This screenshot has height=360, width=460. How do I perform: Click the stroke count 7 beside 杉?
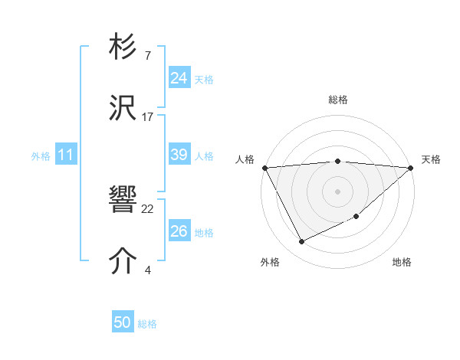147,56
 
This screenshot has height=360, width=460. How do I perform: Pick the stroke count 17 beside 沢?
148,116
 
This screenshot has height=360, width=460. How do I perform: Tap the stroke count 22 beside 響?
148,208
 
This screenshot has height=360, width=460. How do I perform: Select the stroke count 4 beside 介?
147,270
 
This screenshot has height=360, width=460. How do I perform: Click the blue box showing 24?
179,78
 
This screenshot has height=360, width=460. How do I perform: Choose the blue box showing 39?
179,155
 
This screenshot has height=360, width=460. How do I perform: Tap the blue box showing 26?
179,231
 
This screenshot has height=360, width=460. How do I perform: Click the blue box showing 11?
65,155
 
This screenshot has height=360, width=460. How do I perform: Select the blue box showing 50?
123,322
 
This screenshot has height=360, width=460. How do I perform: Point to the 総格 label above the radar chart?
337,100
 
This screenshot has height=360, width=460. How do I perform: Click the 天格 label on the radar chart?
431,159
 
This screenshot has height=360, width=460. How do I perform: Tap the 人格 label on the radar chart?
245,159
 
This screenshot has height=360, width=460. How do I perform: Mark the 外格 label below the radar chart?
270,263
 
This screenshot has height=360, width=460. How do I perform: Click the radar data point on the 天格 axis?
411,167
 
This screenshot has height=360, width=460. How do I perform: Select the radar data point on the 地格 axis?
356,217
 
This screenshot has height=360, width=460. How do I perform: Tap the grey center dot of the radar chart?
337,191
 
